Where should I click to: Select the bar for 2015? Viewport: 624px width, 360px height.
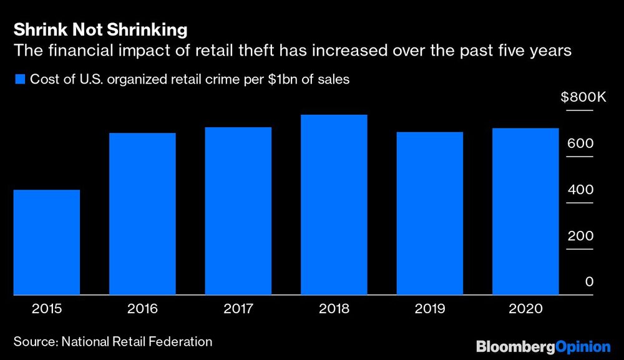point(46,242)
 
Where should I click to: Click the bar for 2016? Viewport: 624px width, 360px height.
point(142,213)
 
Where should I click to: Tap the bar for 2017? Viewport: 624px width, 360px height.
point(238,211)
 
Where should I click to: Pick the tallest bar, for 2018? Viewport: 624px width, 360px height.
point(334,205)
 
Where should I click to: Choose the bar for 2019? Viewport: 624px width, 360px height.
point(430,213)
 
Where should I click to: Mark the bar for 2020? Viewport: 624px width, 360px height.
point(525,212)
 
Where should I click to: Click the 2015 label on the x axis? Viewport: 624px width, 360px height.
point(46,309)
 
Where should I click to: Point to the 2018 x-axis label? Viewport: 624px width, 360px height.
point(334,309)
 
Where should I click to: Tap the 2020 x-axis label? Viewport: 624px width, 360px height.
point(525,309)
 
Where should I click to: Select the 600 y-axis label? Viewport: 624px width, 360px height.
point(580,144)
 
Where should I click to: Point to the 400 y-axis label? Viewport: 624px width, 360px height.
point(580,190)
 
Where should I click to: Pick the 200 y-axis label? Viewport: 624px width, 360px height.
point(580,236)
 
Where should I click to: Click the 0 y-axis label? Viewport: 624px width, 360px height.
point(588,282)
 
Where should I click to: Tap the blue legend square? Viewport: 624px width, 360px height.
point(19,79)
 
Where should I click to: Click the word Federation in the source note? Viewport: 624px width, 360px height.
point(182,341)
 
